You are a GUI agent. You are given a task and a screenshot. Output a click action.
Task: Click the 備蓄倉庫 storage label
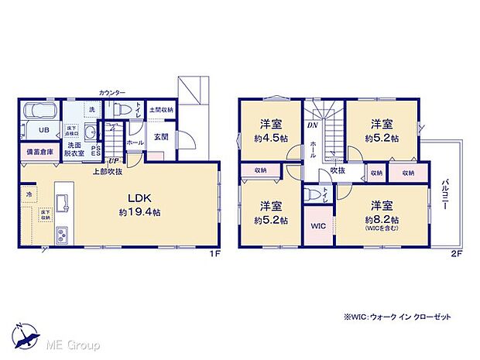40,153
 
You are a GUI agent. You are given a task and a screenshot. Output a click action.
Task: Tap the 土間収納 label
162,111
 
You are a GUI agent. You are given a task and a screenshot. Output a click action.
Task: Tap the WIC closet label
317,227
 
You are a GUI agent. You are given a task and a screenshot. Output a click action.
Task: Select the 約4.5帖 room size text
270,139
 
